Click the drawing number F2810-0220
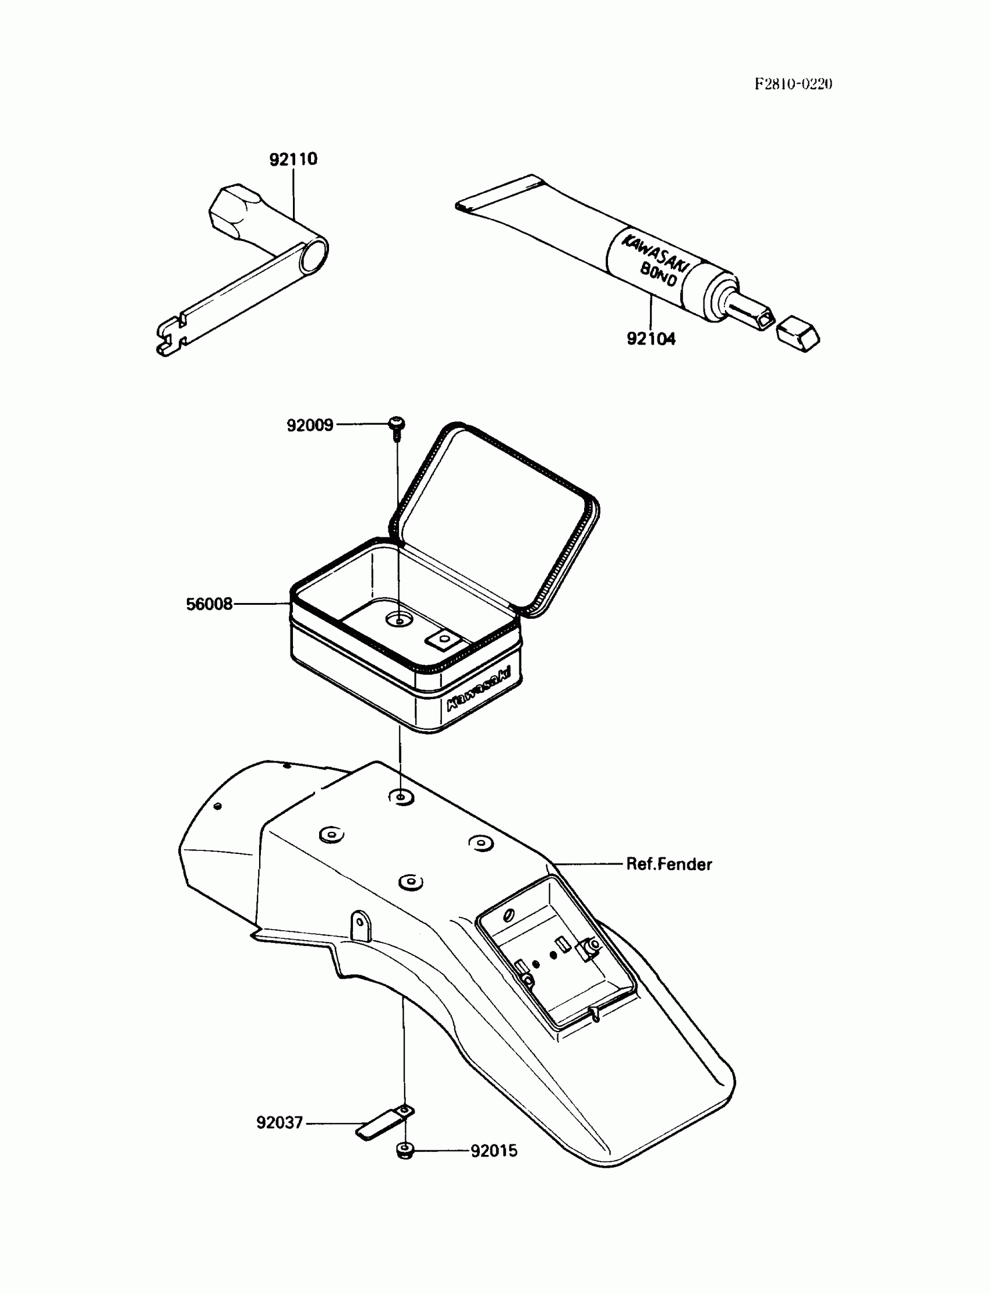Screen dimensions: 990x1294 pos(793,84)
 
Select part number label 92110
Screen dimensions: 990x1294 pos(293,159)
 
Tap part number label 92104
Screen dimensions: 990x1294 pos(650,339)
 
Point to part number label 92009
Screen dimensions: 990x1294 pos(310,425)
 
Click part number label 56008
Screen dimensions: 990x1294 pos(209,604)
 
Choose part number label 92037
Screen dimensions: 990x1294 pos(280,1122)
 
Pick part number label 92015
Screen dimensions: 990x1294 pos(494,1150)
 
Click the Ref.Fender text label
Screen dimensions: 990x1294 pos(669,864)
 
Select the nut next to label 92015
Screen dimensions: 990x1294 pos(405,1150)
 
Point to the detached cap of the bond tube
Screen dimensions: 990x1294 pos(798,335)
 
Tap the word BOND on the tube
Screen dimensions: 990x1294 pos(658,275)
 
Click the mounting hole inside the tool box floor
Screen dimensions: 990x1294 pos(399,620)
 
